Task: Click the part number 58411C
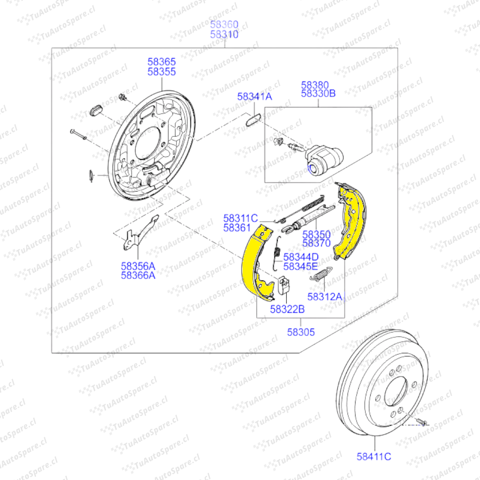374,456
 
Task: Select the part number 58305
301,332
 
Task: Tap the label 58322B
287,309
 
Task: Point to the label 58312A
325,296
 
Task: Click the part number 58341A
254,96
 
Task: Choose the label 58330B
318,93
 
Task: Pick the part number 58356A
138,266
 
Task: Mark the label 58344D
300,257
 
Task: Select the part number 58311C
240,218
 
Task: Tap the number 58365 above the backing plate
162,61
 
